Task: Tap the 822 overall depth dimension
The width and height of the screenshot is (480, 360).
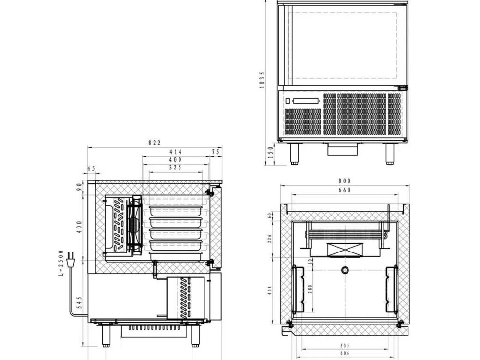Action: coord(155,143)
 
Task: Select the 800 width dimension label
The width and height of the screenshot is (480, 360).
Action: coord(345,181)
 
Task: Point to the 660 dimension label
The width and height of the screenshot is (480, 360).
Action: coord(345,190)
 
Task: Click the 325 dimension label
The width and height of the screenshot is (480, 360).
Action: coord(175,168)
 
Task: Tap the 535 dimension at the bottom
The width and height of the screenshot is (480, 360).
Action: coord(345,345)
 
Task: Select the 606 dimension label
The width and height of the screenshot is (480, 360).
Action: coord(345,353)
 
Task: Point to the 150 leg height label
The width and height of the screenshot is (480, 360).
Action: coord(271,153)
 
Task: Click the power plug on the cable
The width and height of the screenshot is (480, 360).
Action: coord(71,258)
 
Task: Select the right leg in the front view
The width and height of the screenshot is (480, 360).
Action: coord(390,153)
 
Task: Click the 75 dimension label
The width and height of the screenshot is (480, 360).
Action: coord(216,152)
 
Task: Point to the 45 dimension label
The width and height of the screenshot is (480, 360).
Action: coord(91,168)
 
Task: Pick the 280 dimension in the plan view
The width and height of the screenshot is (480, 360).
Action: coord(310,289)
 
